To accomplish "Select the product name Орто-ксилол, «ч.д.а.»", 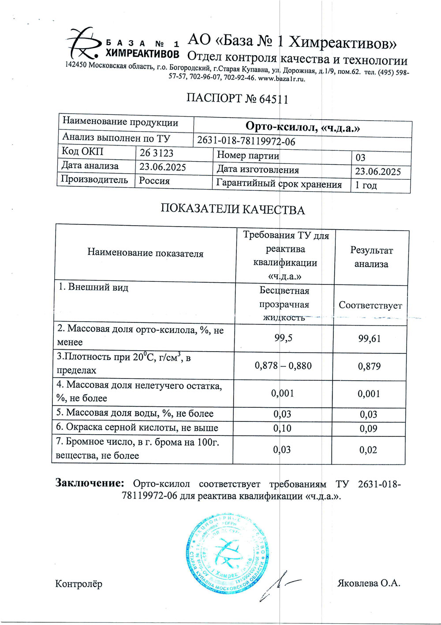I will [x=303, y=128].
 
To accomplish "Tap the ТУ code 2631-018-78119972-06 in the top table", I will [x=246, y=141].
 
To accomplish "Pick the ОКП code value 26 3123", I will [x=157, y=153].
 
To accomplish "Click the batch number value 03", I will [x=360, y=158].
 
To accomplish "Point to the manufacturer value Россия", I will [x=154, y=181].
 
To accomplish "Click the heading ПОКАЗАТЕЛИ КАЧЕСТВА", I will [x=232, y=209].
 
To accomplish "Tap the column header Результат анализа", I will [x=371, y=257].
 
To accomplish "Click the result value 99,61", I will [x=370, y=339].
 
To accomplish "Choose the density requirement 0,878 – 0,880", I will [x=283, y=366].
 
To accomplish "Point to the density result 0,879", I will [x=369, y=366].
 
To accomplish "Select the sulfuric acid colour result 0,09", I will [x=368, y=428].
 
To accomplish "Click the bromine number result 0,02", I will [x=368, y=450].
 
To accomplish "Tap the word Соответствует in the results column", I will [x=370, y=305].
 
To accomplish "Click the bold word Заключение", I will [x=90, y=483].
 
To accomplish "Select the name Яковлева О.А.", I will [x=369, y=583].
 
